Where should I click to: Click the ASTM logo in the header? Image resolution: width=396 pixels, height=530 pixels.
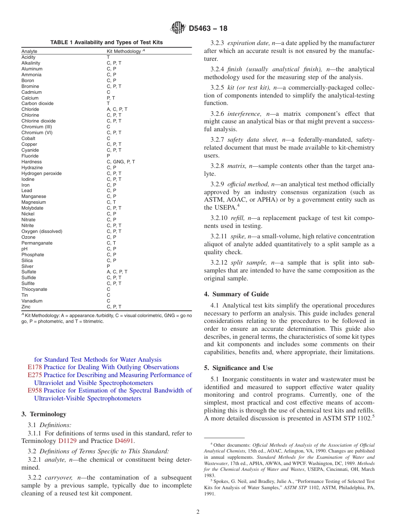point(178,28)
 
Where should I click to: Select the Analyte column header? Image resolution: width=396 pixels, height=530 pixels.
point(29,51)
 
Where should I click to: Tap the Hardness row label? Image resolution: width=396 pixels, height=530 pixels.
point(32,162)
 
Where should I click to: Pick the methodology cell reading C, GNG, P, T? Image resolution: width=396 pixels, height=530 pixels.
point(121,162)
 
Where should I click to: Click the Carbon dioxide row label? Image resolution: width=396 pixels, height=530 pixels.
point(38,103)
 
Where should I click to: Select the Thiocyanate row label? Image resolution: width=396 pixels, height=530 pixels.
point(34,289)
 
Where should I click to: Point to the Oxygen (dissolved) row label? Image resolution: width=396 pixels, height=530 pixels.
point(42,231)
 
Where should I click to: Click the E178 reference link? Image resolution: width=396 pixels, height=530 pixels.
point(35,367)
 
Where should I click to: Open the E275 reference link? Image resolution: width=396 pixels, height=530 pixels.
point(35,375)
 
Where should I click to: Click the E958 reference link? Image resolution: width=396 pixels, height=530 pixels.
point(35,390)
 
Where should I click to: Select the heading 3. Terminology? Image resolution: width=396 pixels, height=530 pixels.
point(44,414)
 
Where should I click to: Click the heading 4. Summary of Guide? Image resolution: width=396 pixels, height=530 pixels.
point(236,294)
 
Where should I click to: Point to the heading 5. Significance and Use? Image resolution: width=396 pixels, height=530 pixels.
point(238,368)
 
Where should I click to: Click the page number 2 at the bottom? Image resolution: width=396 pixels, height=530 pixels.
point(198,512)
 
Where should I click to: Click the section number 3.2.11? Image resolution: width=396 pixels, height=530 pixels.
point(219,236)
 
